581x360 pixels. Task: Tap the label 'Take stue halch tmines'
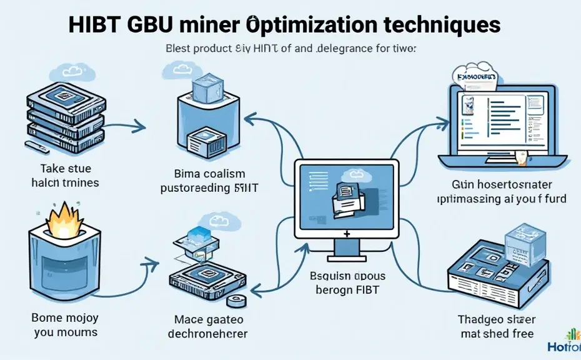click(x=65, y=176)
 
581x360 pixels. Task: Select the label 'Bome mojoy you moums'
click(x=65, y=325)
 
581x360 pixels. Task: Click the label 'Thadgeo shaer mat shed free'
click(x=497, y=326)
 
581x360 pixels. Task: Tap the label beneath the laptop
click(x=509, y=192)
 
